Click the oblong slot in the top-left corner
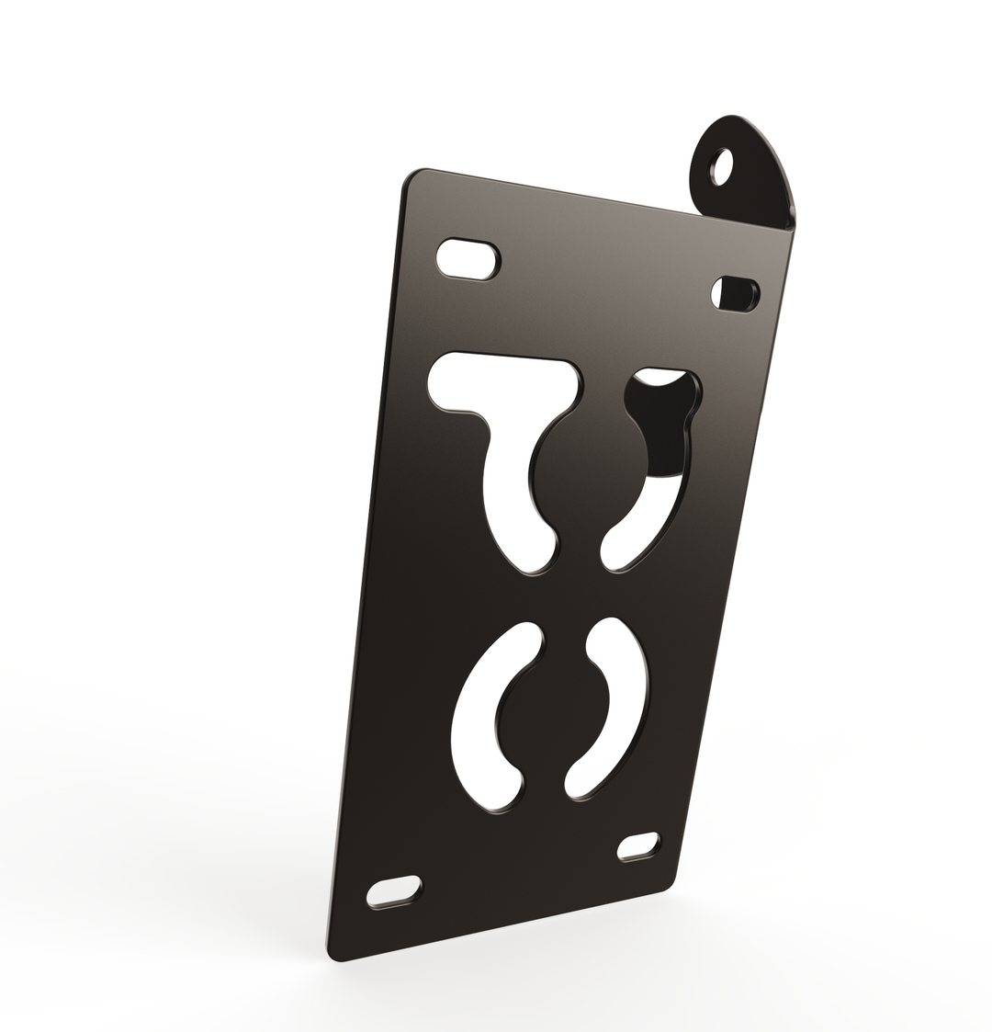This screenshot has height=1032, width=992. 468,259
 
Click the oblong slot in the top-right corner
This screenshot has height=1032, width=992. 736,293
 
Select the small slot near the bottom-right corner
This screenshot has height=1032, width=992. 638,846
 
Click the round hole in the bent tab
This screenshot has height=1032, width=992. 722,166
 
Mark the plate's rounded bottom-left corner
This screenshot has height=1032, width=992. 336,953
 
